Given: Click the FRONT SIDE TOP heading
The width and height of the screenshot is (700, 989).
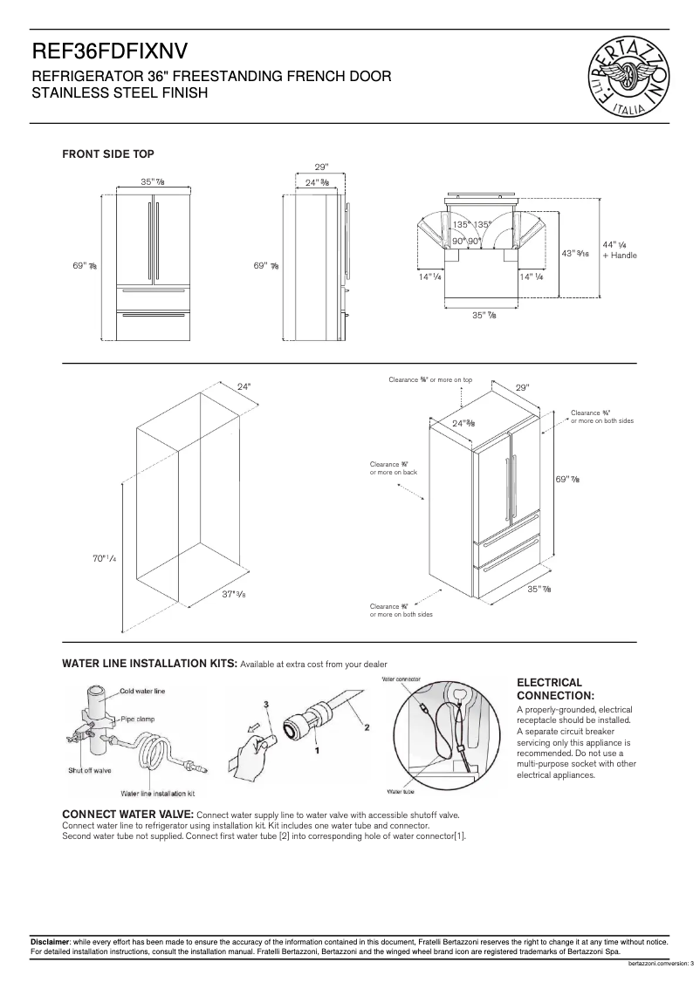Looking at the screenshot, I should click(107, 154).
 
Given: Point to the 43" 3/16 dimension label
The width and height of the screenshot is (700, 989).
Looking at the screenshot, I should click(575, 254).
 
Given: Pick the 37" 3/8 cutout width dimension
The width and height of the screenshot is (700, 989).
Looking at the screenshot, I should click(232, 594).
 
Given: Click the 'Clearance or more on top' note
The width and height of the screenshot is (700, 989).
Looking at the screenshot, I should click(430, 380).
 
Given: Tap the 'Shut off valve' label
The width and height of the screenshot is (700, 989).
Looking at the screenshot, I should click(90, 770).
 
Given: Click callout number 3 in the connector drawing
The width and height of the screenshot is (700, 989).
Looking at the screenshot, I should click(266, 702).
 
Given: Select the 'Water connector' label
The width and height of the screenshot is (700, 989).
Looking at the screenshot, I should click(401, 679).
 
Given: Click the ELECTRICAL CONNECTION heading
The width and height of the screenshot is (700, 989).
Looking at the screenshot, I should click(556, 689).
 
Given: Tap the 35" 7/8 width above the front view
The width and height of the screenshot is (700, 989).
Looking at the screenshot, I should click(153, 181).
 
